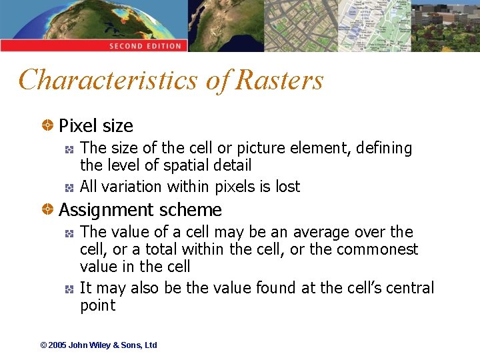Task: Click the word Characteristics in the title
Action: (x=108, y=80)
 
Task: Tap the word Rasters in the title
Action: (x=280, y=80)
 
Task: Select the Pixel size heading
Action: (x=96, y=126)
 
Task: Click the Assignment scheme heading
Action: (x=140, y=210)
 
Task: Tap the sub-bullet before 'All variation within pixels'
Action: (x=69, y=187)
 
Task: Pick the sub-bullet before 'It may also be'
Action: (x=69, y=289)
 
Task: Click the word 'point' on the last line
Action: (x=97, y=305)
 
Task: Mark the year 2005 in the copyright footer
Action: (x=58, y=345)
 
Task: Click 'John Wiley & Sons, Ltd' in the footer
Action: (x=113, y=345)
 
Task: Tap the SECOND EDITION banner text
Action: (x=145, y=46)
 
